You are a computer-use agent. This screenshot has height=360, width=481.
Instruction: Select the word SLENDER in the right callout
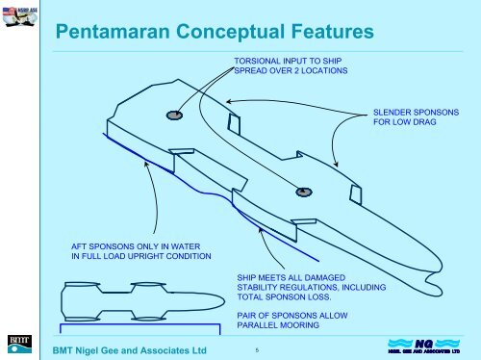point(393,114)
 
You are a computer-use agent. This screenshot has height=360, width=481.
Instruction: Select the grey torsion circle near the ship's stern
point(174,116)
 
